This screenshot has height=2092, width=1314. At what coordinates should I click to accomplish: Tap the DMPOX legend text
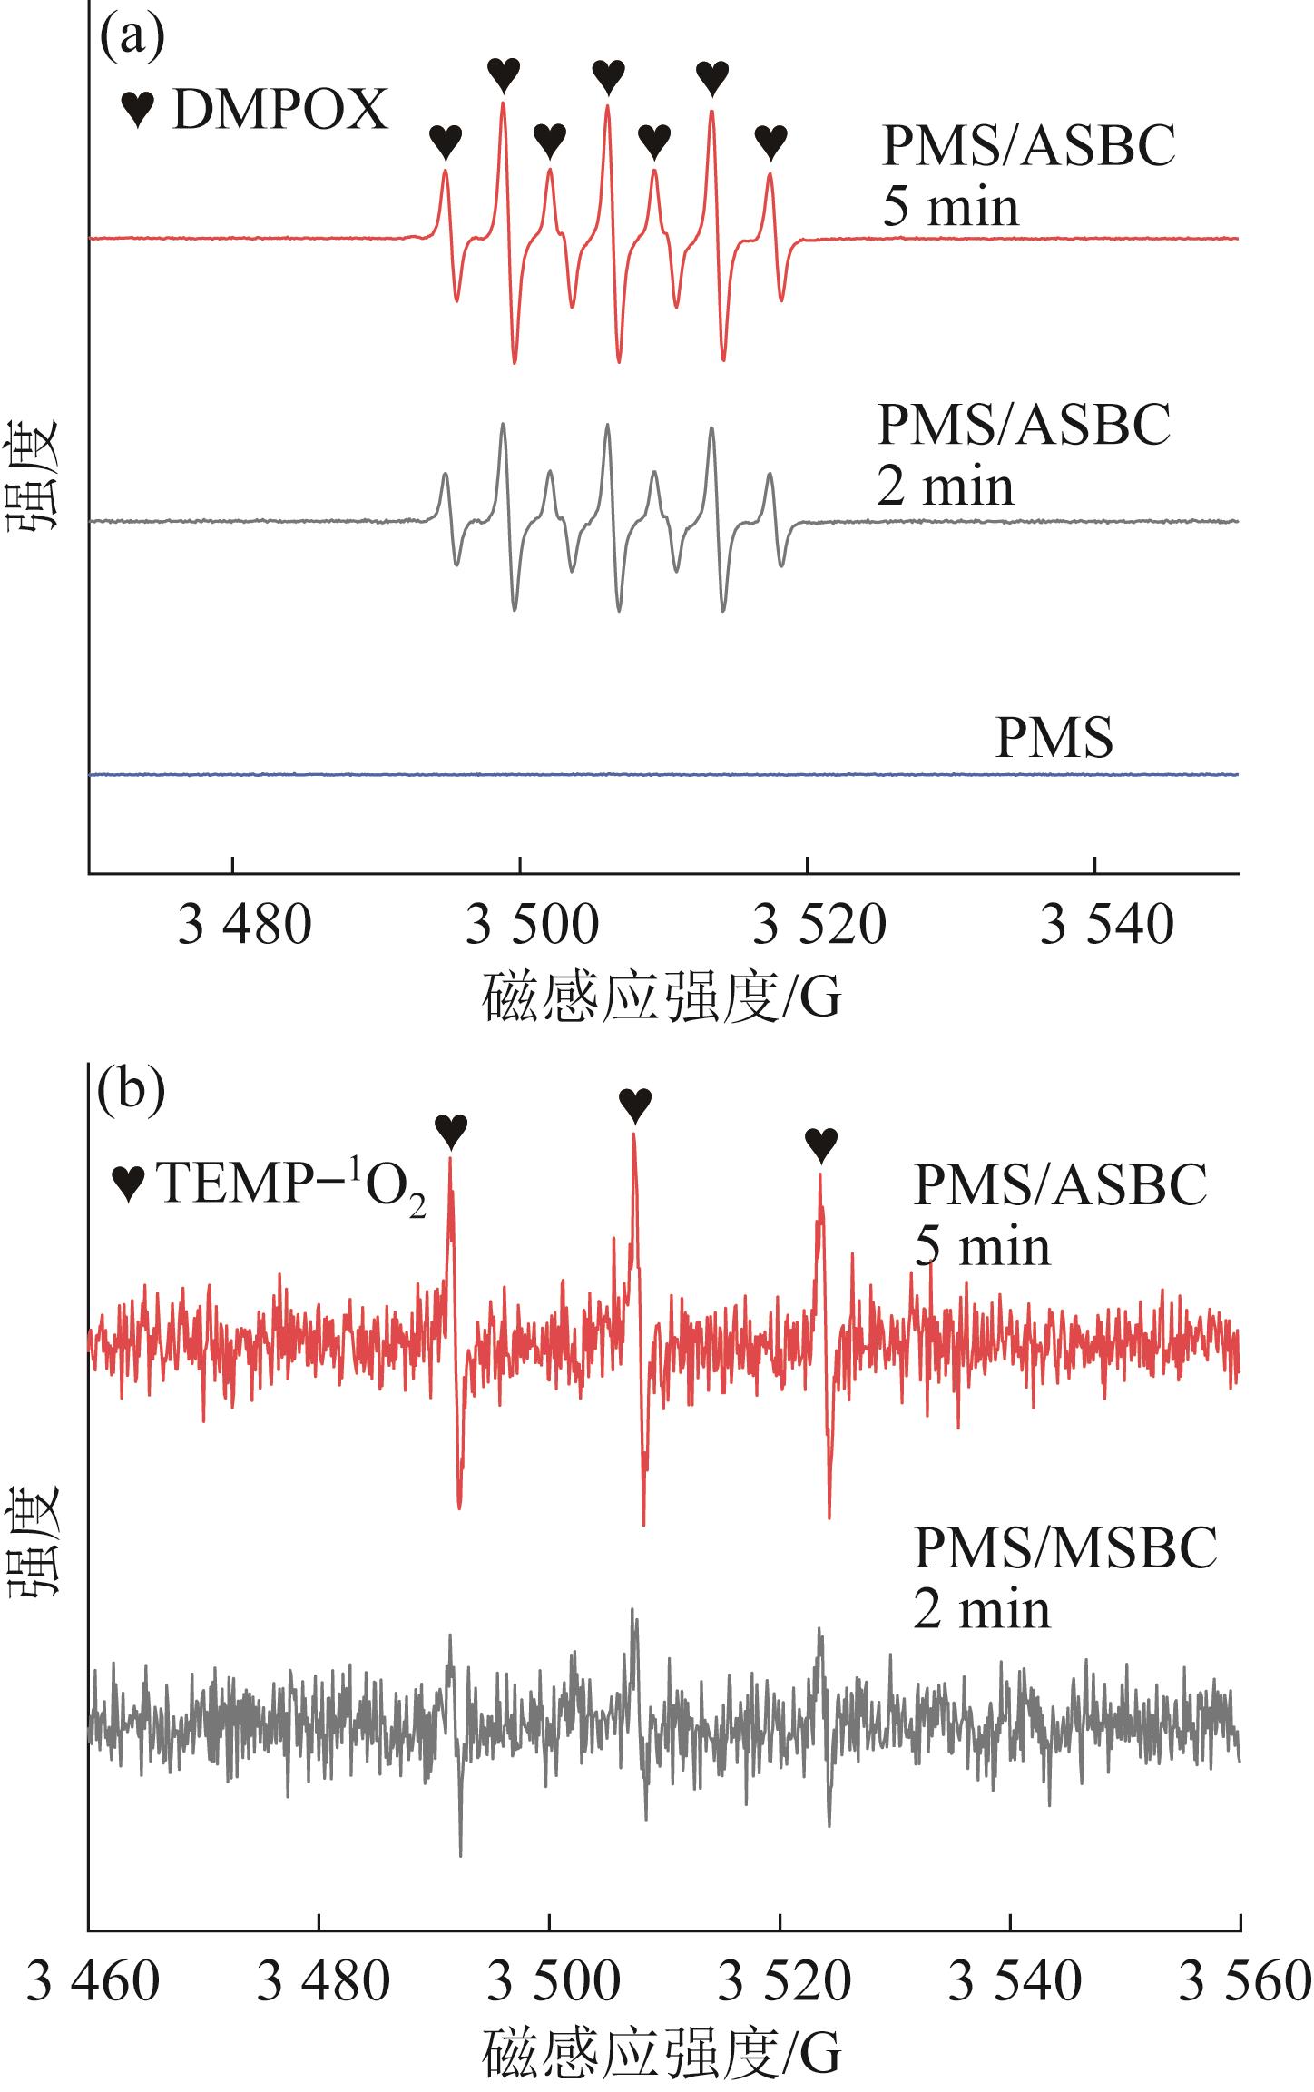click(279, 112)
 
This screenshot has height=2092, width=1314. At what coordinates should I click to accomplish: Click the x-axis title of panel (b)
click(662, 2049)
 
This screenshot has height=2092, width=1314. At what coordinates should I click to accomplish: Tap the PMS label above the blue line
click(1054, 739)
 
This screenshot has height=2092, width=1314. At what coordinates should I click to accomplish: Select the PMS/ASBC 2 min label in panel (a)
click(1023, 455)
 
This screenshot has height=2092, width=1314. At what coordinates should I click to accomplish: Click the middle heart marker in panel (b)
click(634, 1105)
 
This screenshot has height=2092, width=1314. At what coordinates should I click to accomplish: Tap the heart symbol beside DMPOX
click(140, 112)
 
